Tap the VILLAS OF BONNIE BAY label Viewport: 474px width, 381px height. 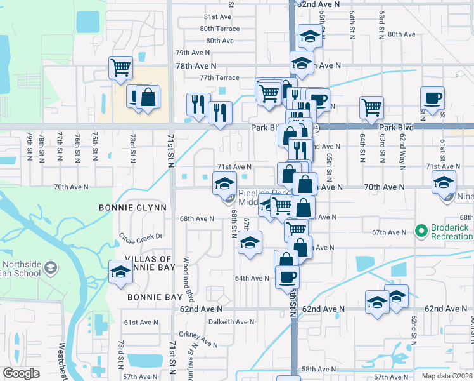148,264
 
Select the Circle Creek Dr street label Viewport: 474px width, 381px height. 141,236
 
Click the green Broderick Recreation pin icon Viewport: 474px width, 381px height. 420,231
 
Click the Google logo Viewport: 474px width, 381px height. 22,373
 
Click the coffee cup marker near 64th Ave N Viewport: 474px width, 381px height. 287,277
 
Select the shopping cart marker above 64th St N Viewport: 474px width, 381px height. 371,107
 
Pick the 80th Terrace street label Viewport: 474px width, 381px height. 219,29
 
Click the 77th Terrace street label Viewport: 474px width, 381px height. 219,77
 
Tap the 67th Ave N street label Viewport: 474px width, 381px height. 389,232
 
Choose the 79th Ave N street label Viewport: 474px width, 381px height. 192,53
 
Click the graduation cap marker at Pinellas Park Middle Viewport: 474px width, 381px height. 224,184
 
